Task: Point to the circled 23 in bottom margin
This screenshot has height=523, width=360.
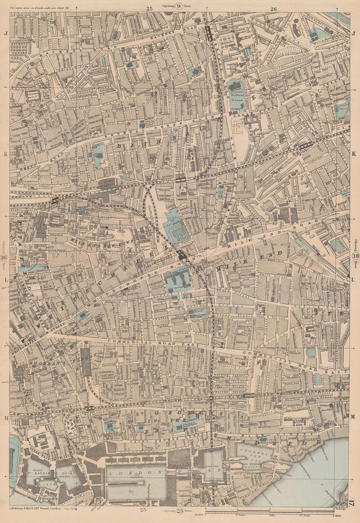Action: point(180,510)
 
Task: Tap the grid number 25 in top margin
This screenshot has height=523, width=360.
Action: point(149,8)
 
